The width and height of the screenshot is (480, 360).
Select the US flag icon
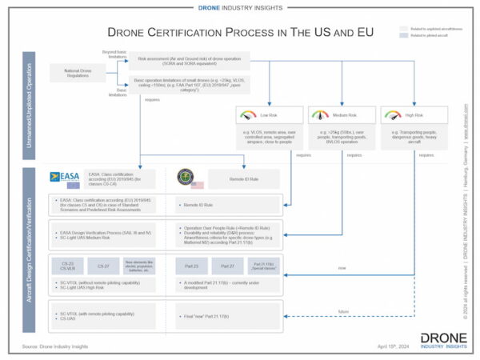point(197,185)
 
